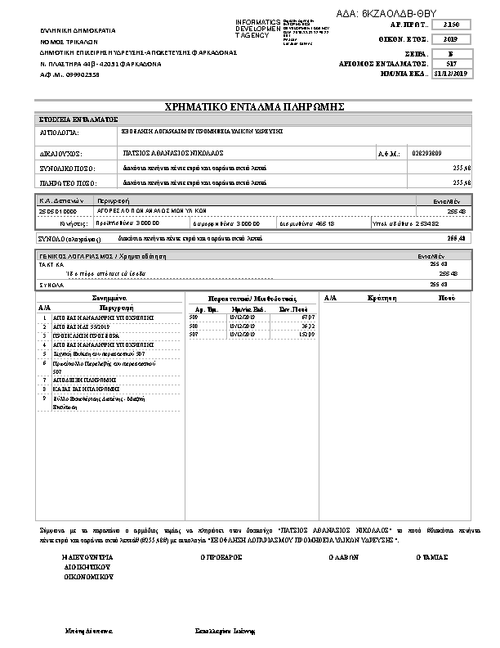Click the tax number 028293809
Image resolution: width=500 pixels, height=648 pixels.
(426, 152)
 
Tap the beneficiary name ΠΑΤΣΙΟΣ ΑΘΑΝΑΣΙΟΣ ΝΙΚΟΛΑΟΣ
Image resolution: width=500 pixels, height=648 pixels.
(167, 152)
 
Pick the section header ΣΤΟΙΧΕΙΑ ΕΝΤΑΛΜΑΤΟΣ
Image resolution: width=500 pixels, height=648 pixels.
(78, 119)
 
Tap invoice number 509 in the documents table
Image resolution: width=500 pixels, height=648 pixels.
(194, 316)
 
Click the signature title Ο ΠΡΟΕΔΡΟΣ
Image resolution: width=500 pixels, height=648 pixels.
(221, 556)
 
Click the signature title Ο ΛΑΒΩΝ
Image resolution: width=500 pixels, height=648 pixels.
(339, 556)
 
